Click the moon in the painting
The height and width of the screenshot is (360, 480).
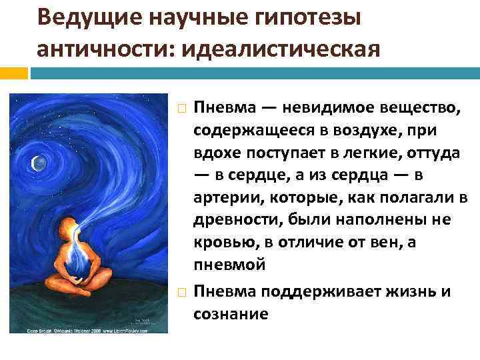(38, 161)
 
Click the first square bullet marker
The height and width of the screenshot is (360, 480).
(179, 109)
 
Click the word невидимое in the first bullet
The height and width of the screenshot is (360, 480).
(325, 108)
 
